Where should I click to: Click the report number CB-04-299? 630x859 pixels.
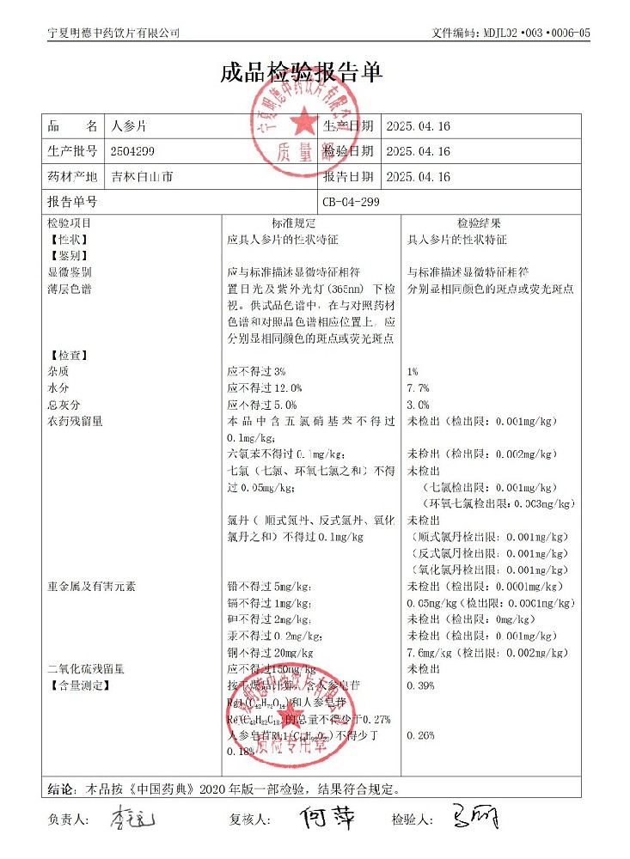click(x=351, y=204)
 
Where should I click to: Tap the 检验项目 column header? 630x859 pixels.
click(x=70, y=223)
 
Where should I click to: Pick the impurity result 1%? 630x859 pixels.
click(x=413, y=372)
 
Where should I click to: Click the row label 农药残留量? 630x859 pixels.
click(x=76, y=422)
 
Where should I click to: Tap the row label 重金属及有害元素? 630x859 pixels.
click(x=92, y=587)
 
